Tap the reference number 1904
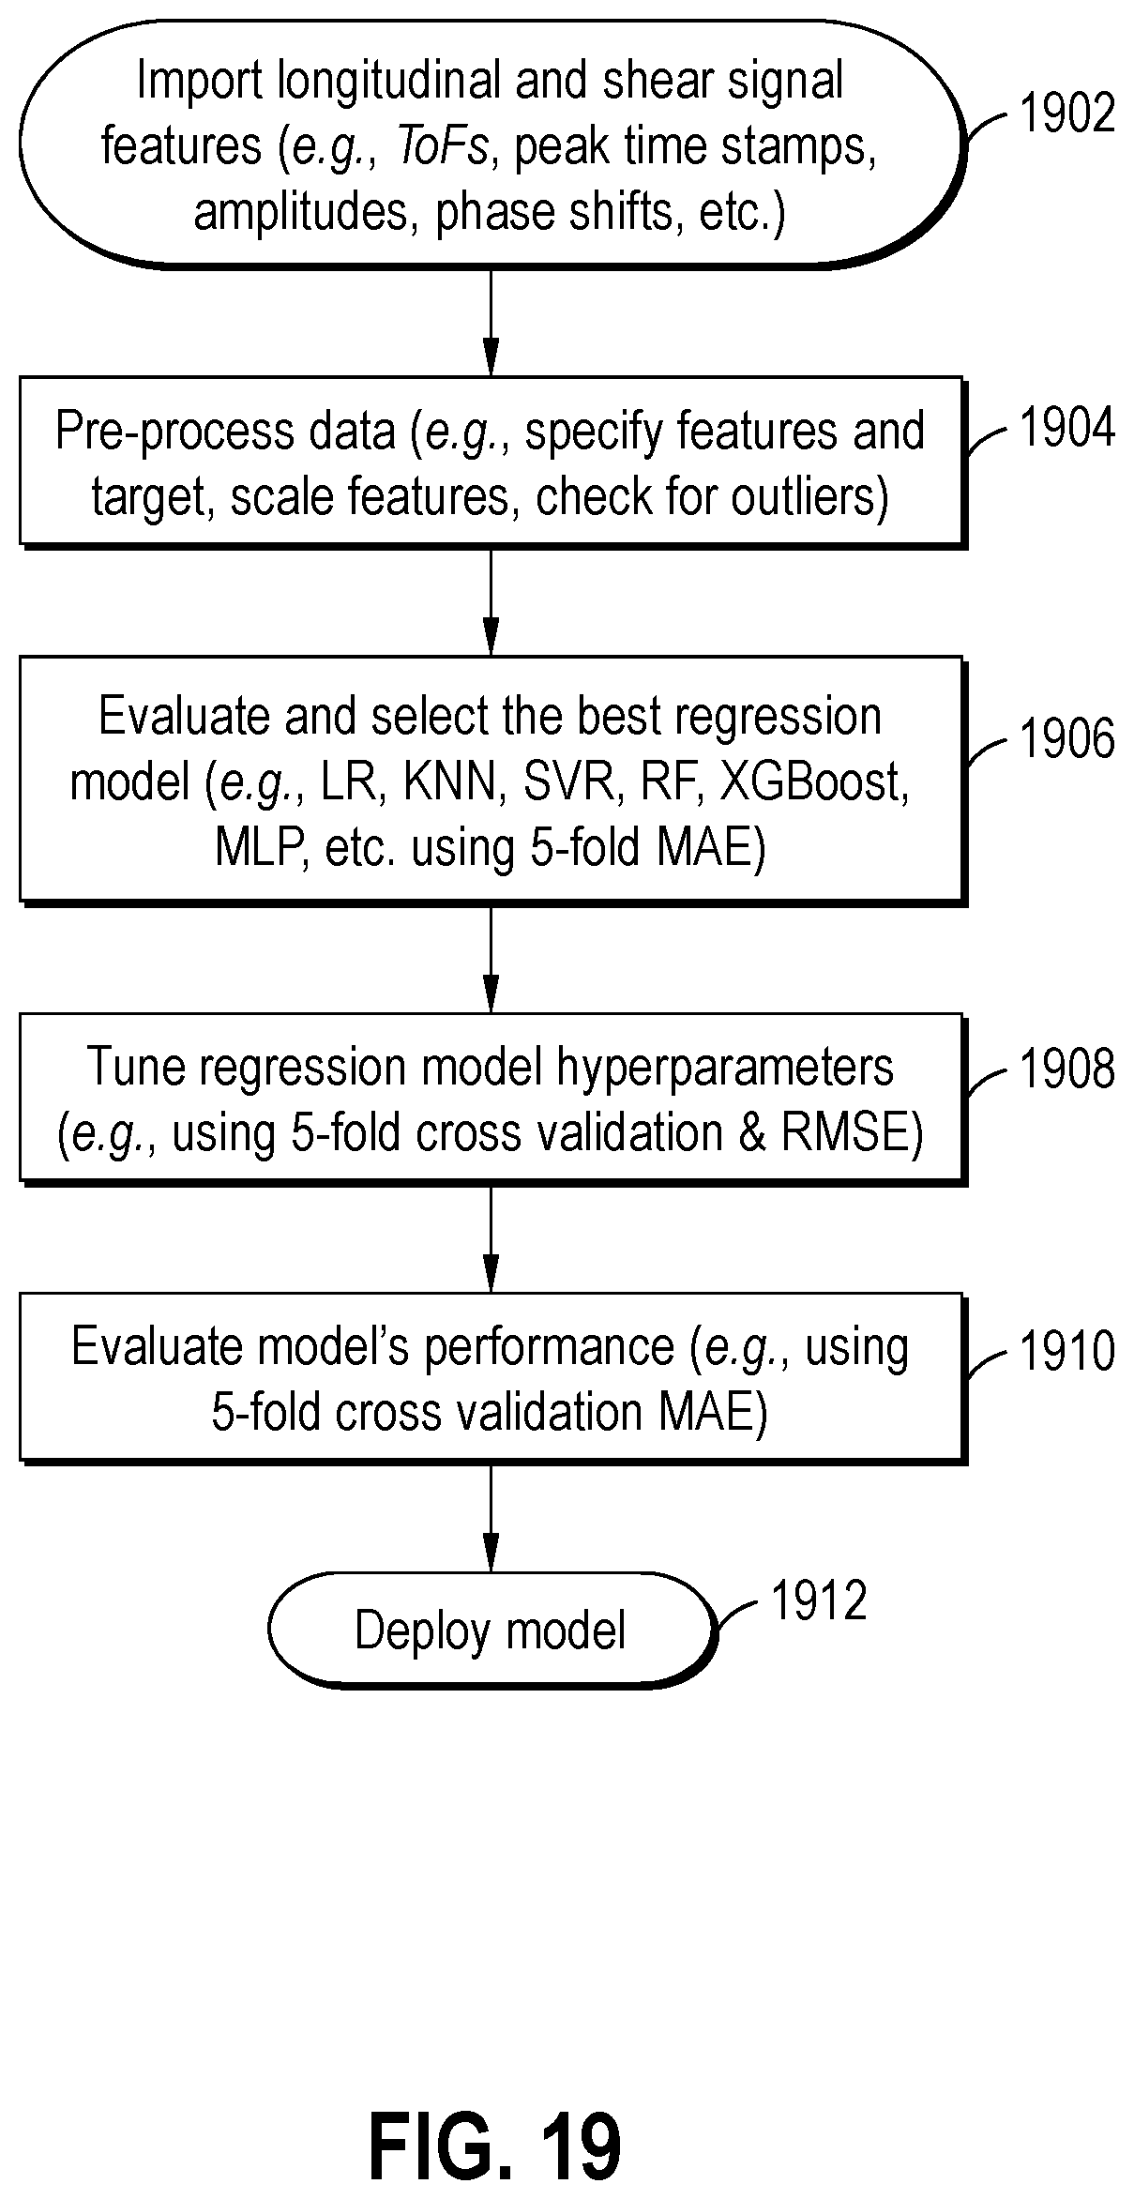click(1067, 429)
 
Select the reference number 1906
click(1067, 738)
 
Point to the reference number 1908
click(1067, 1069)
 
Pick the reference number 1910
click(1067, 1352)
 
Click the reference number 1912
click(819, 1600)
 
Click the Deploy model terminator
click(491, 1630)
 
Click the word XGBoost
click(814, 783)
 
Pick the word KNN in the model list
click(448, 783)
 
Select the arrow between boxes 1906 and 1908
click(491, 959)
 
